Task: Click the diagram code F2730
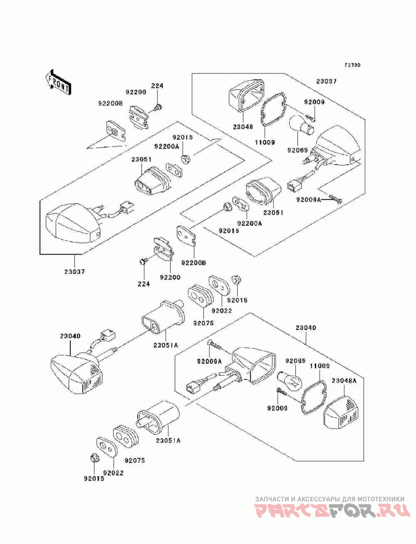click(353, 65)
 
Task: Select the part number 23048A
click(344, 380)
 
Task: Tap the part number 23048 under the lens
click(243, 127)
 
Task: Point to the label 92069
click(297, 150)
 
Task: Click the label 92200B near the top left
click(110, 103)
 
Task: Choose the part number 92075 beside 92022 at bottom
click(135, 460)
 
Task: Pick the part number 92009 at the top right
click(314, 102)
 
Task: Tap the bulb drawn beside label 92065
click(289, 380)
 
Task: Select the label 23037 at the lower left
click(74, 272)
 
